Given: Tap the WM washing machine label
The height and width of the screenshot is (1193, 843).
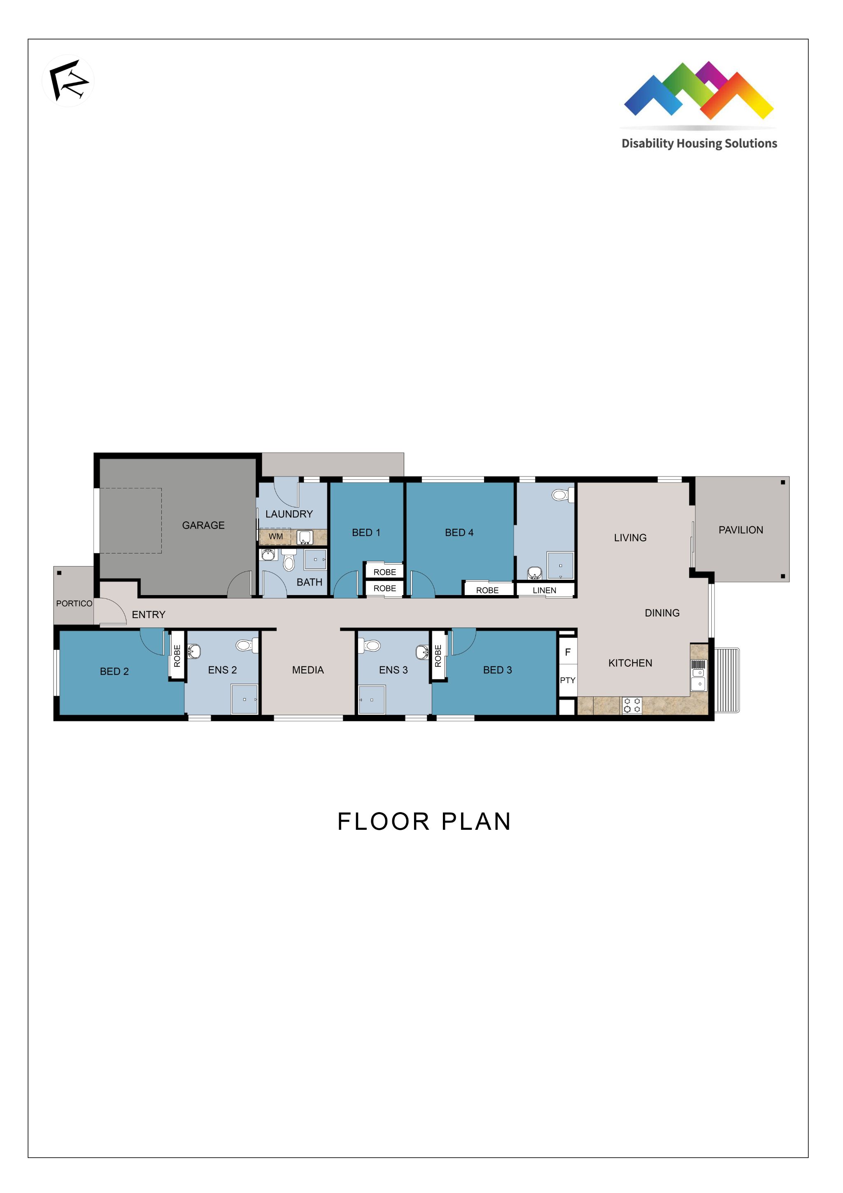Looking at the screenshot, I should point(276,536).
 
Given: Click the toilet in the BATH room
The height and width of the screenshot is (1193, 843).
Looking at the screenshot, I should point(289,561).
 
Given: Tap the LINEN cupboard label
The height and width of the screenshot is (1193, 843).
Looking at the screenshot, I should point(544,590).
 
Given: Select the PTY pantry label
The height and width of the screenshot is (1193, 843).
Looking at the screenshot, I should point(567,680).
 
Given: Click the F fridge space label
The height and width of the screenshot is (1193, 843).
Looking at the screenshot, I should point(568,652).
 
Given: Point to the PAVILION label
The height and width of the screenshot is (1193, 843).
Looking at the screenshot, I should point(741,530).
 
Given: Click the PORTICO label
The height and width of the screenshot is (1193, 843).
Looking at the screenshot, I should point(74,603).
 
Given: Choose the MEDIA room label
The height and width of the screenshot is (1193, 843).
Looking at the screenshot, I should point(307,670).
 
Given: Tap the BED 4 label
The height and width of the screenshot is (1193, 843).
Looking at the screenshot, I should point(459,532).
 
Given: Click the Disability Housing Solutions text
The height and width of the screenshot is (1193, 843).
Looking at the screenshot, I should point(699,143).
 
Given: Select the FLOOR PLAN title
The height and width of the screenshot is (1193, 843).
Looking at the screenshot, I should point(424,822).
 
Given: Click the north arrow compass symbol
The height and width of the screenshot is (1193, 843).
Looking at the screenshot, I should point(68,81).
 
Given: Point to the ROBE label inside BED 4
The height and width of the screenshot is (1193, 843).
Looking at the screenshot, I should point(487,590).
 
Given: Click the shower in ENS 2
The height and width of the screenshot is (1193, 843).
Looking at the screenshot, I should point(244,699).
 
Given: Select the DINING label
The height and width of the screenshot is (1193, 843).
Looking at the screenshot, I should point(662,613).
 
